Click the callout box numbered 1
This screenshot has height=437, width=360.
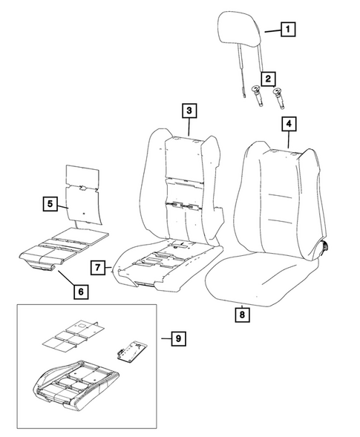[287, 30]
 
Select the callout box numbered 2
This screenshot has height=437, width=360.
[266, 76]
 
